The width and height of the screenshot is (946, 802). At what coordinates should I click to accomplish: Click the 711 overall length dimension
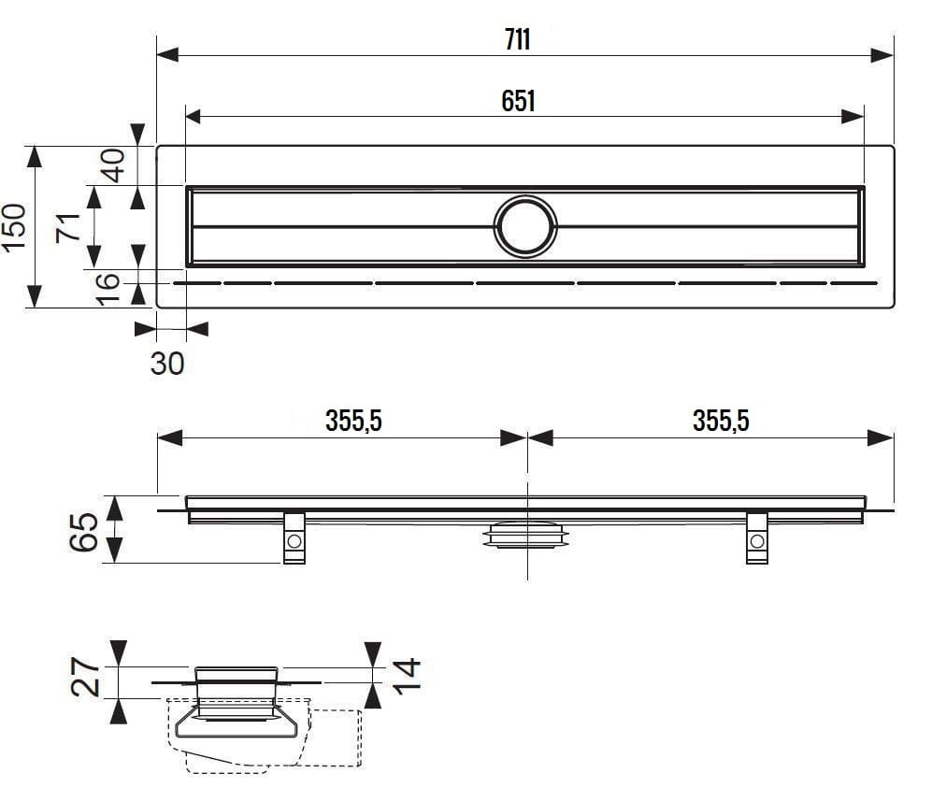point(517,40)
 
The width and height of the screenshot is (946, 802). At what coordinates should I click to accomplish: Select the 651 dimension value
point(518,101)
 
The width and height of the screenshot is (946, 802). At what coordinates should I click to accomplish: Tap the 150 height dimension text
point(14,227)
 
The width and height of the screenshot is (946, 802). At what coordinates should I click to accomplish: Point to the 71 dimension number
point(68,226)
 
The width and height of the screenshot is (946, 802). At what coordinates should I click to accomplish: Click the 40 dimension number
point(113,165)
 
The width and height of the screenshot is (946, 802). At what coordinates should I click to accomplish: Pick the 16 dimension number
point(108,289)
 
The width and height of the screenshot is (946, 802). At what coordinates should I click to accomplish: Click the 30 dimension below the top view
point(167,364)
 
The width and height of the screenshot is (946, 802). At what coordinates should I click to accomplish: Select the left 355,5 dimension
point(353,421)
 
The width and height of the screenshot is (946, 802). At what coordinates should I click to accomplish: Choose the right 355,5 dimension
point(721,421)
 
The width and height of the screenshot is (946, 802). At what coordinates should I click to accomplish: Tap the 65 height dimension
point(84,532)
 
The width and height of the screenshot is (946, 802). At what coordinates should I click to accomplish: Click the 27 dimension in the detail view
point(86,677)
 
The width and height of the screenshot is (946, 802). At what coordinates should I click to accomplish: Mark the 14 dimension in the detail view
point(407,676)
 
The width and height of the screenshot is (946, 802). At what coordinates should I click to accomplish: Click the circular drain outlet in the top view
point(525,226)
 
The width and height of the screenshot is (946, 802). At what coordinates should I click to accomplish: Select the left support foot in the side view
point(294,537)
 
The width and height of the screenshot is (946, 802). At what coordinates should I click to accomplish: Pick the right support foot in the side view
point(757,537)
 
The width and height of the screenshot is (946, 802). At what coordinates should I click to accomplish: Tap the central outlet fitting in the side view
point(526,534)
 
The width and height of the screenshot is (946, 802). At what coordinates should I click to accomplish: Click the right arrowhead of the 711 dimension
point(882,55)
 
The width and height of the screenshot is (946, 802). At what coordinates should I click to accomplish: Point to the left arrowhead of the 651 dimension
point(193,116)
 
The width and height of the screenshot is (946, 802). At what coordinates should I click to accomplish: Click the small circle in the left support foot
point(294,540)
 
